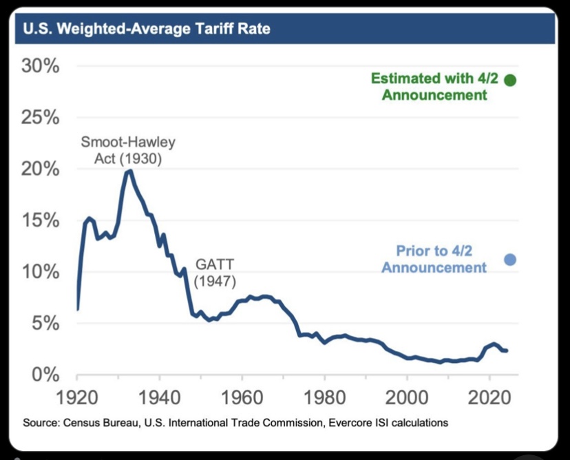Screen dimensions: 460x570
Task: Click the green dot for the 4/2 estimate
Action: (510, 80)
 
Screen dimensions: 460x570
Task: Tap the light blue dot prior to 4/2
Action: (510, 260)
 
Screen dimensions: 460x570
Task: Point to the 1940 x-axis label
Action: (160, 397)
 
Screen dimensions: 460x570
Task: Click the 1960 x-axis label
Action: (242, 397)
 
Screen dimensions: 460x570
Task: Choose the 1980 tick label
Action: (324, 397)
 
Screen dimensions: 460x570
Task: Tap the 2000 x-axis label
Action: (407, 397)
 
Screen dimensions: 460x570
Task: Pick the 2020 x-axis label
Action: (489, 397)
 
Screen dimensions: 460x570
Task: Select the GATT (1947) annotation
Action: (215, 273)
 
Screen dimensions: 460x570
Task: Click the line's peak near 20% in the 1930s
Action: (129, 170)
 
